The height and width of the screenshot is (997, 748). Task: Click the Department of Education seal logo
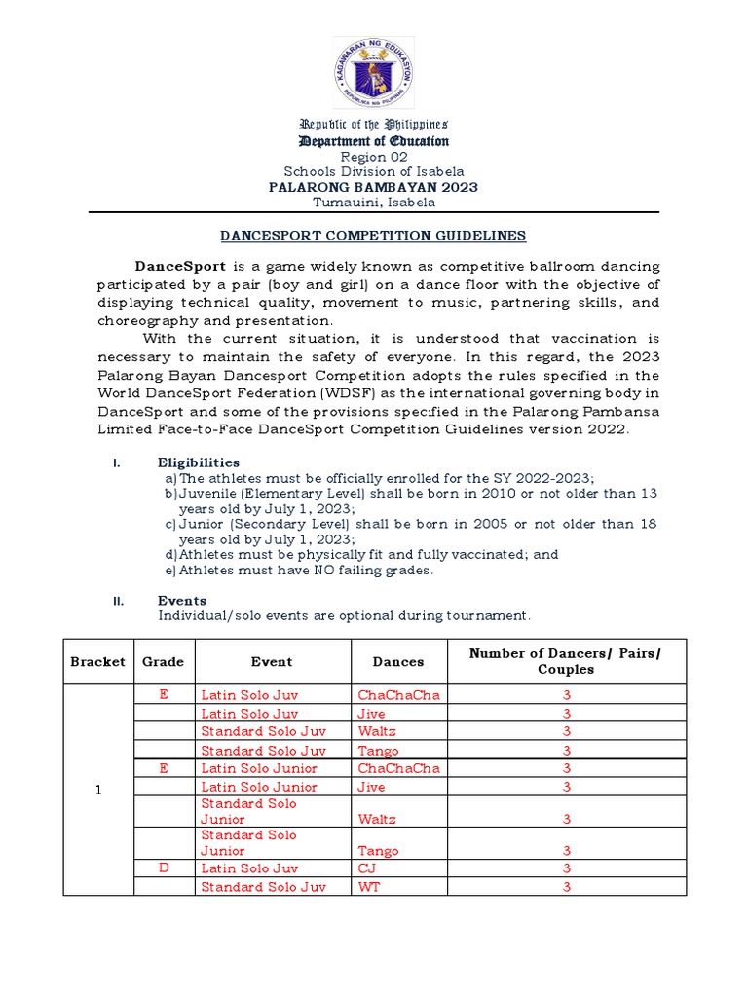[373, 74]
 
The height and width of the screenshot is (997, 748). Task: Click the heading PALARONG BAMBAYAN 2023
[373, 187]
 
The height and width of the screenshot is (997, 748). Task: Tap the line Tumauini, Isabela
[373, 203]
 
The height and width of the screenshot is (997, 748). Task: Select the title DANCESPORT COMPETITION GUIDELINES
[373, 236]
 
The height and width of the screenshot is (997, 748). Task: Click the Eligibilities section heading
[198, 462]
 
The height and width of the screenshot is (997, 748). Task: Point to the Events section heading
[181, 601]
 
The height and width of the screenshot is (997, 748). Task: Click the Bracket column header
[97, 661]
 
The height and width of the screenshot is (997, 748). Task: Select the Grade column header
[163, 661]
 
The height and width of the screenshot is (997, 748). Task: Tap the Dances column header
[398, 661]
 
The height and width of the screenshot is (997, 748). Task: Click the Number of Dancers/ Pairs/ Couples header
[566, 661]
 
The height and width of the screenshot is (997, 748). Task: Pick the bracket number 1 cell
[97, 790]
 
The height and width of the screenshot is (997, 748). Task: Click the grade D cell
[163, 868]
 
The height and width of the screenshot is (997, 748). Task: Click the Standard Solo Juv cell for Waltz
[263, 731]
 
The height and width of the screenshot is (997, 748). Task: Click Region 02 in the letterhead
[373, 157]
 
